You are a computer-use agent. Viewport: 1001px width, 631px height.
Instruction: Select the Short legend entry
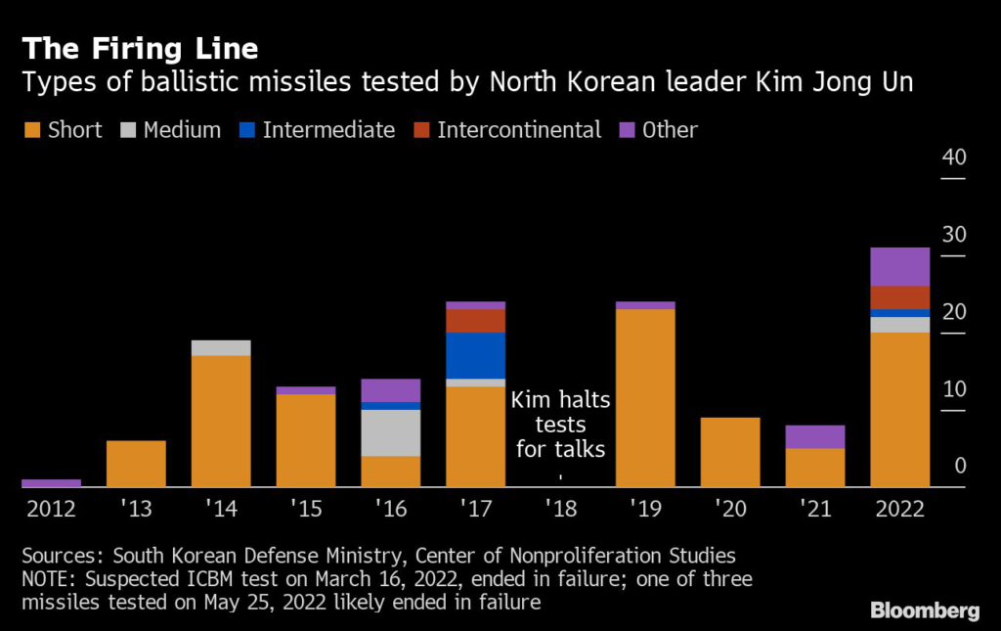63,130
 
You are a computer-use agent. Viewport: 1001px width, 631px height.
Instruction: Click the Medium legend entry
171,130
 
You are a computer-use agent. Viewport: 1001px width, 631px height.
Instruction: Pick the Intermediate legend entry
318,130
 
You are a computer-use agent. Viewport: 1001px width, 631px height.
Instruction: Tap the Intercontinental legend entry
507,130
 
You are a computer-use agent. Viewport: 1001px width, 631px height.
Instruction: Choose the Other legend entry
659,130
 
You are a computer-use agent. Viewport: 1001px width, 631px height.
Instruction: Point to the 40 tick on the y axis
952,158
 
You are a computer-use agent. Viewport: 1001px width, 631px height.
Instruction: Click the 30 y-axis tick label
952,236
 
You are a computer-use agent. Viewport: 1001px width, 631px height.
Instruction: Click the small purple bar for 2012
51,482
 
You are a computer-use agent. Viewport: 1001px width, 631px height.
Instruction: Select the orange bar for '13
136,463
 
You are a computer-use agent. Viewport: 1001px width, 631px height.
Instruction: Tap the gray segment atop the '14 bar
221,347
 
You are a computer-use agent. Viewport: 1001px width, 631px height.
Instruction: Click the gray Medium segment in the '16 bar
390,432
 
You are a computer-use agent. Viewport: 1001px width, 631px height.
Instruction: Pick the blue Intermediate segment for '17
475,355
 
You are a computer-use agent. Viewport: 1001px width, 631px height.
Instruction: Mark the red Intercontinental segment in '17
475,320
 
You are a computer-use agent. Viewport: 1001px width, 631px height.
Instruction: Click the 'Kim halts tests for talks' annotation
560,425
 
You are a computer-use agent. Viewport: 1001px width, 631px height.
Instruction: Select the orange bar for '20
730,451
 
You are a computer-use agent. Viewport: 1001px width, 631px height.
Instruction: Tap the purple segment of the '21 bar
815,436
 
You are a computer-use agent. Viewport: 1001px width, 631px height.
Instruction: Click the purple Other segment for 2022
899,266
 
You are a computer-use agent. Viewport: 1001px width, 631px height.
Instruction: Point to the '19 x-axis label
645,509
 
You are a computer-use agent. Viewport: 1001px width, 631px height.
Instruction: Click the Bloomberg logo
924,610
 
